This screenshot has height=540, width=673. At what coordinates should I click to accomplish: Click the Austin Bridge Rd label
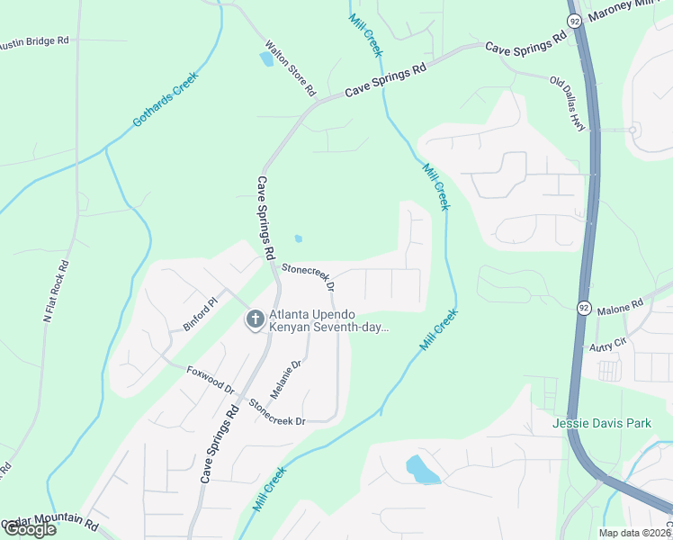coord(34,41)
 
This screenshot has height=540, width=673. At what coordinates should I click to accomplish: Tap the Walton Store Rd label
coord(290,68)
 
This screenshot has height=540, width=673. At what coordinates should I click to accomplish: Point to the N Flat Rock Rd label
coord(56,292)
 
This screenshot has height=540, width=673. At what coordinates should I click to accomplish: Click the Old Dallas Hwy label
coord(569,104)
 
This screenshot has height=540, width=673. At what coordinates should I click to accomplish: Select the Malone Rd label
coord(620,307)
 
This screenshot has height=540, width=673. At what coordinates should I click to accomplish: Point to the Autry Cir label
coord(607,345)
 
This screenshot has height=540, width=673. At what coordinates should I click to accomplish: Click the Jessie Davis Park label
coord(601,422)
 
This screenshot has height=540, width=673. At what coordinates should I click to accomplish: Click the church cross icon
coord(255,319)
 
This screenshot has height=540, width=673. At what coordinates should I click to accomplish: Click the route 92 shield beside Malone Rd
coord(583,307)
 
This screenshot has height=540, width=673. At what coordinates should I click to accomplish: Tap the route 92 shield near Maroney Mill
coord(574,21)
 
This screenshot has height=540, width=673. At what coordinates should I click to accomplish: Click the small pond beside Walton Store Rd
coord(266,59)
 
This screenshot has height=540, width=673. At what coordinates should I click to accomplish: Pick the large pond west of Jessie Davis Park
coord(421,469)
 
